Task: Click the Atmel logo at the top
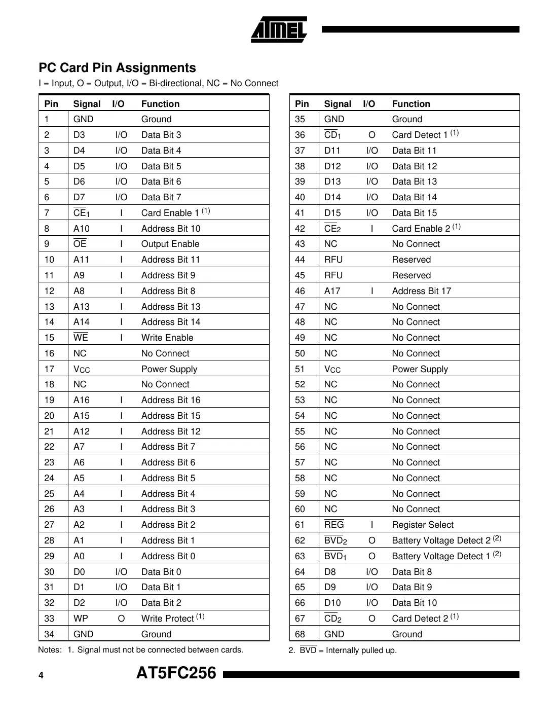[279, 29]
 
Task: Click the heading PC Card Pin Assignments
[117, 68]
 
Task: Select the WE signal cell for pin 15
[81, 338]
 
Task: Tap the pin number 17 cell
[49, 369]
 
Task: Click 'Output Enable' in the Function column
[170, 244]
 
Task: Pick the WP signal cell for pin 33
[81, 619]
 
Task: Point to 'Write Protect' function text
[168, 619]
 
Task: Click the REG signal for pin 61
[334, 525]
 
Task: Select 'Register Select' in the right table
[423, 525]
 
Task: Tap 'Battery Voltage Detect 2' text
[441, 540]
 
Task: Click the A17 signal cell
[332, 291]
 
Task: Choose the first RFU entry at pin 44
[333, 260]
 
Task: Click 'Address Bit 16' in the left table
[171, 400]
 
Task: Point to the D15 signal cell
[332, 213]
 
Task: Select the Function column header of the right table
[411, 104]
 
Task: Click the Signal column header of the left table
[87, 104]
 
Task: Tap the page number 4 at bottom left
[41, 675]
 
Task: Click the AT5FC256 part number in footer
[176, 673]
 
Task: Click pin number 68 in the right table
[300, 634]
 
